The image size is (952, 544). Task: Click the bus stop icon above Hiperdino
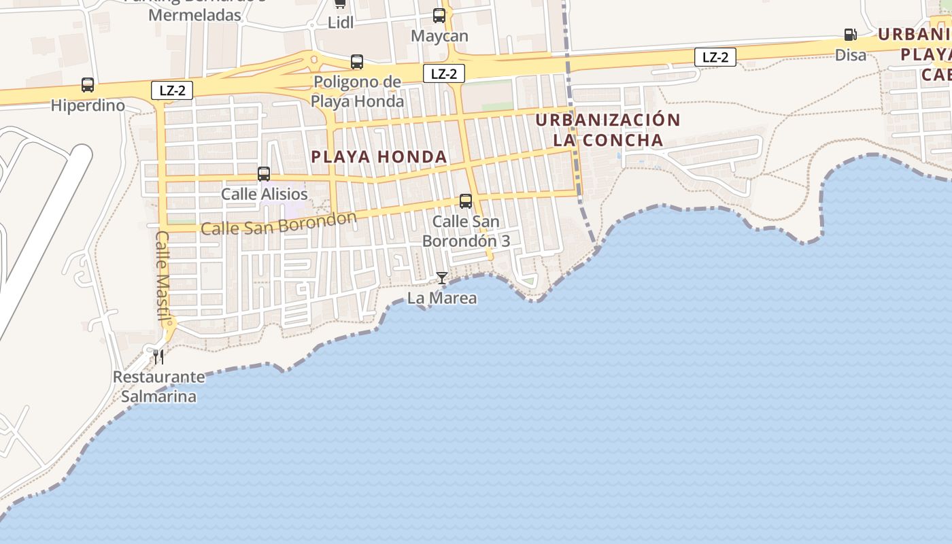[88, 85]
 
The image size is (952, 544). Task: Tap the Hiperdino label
[88, 105]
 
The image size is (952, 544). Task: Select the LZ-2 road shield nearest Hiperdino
[172, 90]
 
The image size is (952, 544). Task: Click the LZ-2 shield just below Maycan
[444, 73]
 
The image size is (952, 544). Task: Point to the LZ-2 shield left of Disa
[715, 57]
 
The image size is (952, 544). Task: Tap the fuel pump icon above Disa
[850, 35]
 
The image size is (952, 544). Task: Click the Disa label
[851, 55]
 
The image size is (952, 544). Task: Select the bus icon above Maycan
[439, 16]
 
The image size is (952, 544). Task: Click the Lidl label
[341, 22]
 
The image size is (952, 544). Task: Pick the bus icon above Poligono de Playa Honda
[357, 62]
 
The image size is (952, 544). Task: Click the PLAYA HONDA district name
[379, 157]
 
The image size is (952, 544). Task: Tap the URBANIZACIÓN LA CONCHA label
[608, 130]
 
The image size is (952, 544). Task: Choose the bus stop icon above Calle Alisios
[264, 174]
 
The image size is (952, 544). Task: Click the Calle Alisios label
[265, 194]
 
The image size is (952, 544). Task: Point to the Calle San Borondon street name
[279, 223]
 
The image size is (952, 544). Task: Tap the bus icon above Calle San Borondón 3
[466, 201]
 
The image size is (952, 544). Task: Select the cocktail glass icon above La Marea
[442, 278]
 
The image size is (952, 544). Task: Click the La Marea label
[442, 298]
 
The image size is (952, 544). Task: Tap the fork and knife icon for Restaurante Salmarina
[158, 357]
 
